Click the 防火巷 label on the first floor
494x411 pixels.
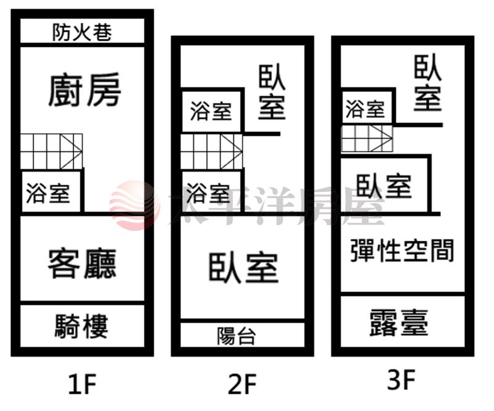(82, 32)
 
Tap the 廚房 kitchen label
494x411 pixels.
(85, 89)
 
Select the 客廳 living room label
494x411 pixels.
(82, 264)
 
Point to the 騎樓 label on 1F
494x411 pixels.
(82, 326)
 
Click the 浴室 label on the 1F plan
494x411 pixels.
(48, 193)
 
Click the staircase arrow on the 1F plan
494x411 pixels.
(72, 151)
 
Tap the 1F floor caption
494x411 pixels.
(83, 384)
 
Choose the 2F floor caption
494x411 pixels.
(242, 384)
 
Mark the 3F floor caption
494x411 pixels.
(401, 379)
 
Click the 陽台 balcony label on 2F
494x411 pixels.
(236, 336)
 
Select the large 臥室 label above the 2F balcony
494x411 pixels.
(243, 268)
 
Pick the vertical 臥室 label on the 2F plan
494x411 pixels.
(272, 93)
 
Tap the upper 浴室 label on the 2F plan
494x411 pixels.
(211, 111)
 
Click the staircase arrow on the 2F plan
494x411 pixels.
(232, 151)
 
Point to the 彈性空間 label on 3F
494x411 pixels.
(402, 251)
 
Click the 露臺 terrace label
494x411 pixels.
(399, 323)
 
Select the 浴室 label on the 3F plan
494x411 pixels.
(365, 109)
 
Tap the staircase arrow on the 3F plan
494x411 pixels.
(382, 138)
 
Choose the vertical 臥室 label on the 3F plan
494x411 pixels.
(427, 83)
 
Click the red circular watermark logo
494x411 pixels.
(135, 205)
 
